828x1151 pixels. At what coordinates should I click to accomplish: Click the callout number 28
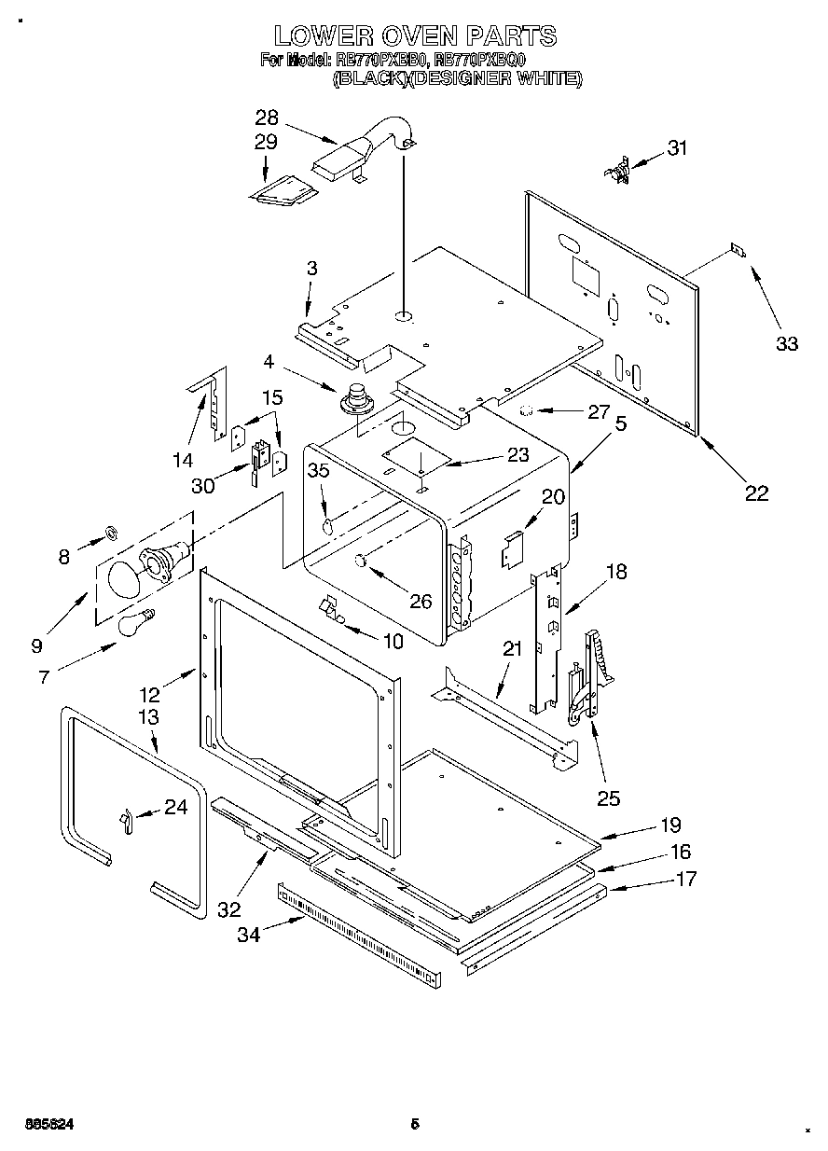[267, 118]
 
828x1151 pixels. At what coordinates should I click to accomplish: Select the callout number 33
[787, 343]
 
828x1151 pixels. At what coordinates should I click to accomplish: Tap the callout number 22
[755, 492]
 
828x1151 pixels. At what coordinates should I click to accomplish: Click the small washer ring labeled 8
[110, 533]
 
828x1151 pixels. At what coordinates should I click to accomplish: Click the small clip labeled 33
[737, 250]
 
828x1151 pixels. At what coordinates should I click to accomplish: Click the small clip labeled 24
[123, 818]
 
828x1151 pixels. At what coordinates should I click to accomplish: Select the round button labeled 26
[360, 560]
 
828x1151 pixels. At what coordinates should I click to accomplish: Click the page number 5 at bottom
[415, 1124]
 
